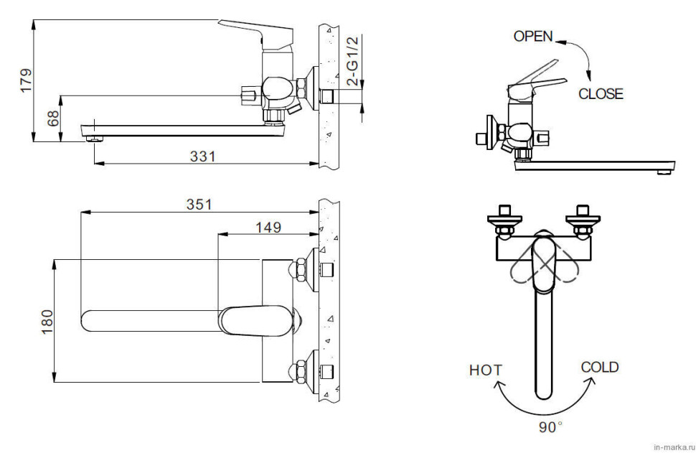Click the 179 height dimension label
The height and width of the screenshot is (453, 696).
point(26,80)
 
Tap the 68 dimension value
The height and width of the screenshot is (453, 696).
point(53,118)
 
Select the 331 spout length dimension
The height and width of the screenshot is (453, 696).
point(202,157)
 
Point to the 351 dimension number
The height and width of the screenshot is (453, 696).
point(199,205)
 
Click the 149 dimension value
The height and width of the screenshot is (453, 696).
point(268,228)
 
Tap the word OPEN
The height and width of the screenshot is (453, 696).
point(533,37)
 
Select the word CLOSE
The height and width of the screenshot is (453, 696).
point(601,94)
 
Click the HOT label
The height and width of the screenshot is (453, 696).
point(486,370)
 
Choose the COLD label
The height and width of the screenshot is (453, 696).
point(600,368)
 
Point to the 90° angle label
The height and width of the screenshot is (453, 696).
point(550,427)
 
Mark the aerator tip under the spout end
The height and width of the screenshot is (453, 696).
point(94,139)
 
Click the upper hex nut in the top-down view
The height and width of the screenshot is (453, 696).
point(298,270)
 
